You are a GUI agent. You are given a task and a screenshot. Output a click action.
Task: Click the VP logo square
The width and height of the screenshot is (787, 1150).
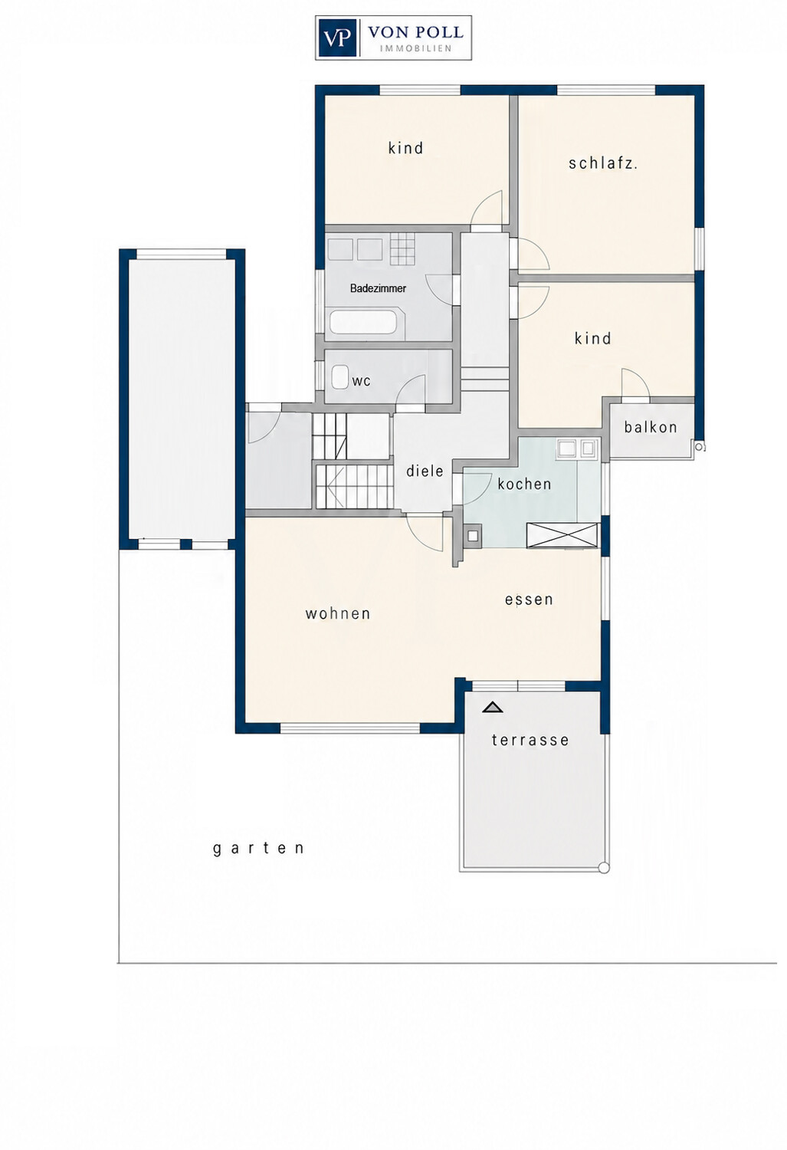(x=337, y=38)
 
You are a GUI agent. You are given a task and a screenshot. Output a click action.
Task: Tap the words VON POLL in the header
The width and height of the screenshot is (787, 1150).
(x=415, y=33)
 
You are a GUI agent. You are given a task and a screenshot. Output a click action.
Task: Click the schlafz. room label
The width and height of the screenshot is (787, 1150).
(x=603, y=163)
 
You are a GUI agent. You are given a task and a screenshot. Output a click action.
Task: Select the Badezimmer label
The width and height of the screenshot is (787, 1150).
(x=378, y=288)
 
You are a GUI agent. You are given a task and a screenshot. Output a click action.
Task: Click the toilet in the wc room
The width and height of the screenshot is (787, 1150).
(x=340, y=376)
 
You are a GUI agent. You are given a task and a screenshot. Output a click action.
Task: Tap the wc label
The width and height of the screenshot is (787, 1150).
(x=361, y=382)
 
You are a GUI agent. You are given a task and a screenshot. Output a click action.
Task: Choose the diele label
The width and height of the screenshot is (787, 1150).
(x=425, y=470)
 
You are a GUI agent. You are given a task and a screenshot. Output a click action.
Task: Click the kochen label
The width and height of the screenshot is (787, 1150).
(x=524, y=484)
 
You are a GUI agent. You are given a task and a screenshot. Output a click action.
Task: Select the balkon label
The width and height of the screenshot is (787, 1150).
(x=651, y=426)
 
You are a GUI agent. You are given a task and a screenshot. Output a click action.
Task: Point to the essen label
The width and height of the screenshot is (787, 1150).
(x=529, y=599)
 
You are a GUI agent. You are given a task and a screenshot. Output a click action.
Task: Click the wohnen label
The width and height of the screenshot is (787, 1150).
(x=338, y=613)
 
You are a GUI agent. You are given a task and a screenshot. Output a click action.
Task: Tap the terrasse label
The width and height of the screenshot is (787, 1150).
(x=530, y=740)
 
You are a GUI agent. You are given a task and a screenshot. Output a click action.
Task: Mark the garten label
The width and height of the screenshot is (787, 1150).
(x=258, y=848)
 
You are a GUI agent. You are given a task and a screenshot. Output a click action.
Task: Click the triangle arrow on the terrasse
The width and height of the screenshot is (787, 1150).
(x=493, y=708)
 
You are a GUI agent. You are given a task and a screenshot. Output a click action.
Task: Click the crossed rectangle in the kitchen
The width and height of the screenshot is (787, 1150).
(x=562, y=535)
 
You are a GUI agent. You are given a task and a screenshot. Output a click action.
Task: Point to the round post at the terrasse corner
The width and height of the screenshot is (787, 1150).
(x=604, y=868)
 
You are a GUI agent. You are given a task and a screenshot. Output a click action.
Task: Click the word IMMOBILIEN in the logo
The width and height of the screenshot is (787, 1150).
(x=415, y=48)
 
